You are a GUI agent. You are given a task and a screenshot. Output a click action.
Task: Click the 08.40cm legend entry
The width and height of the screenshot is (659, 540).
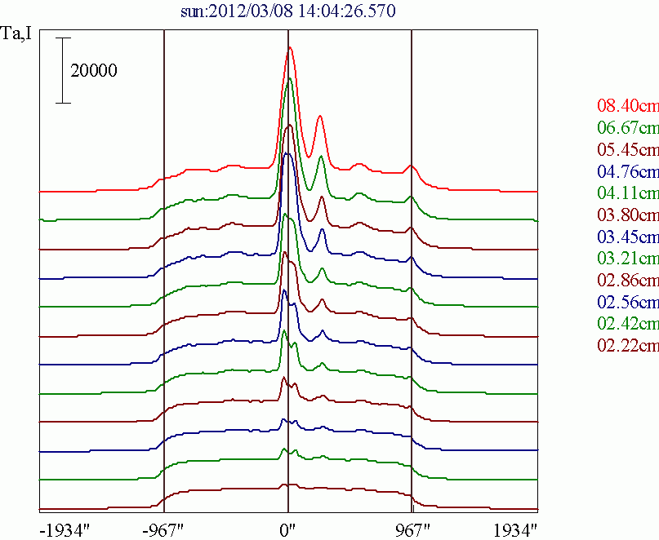(627, 105)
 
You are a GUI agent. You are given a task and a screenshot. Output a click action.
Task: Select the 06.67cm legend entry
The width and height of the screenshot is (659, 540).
(627, 127)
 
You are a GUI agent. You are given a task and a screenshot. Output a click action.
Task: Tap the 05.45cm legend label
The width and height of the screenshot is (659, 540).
(627, 149)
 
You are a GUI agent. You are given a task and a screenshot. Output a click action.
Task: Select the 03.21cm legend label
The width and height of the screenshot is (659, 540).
(627, 259)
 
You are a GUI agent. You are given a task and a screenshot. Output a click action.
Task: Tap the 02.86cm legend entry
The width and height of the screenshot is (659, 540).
(627, 281)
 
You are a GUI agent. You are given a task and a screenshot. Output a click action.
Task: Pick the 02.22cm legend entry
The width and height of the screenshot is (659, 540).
(627, 347)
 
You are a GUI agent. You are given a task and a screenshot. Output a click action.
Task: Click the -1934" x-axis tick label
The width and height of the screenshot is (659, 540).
(64, 529)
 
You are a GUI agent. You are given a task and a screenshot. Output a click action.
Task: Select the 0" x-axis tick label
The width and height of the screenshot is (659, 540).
(287, 529)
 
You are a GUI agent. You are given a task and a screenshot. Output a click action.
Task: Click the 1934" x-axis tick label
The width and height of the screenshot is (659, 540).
(515, 529)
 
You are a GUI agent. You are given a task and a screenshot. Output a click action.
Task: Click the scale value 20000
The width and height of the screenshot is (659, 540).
(94, 71)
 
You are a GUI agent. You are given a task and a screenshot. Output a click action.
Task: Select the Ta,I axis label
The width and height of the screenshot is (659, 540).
(19, 35)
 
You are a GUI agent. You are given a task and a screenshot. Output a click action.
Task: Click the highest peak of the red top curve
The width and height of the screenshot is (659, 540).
(289, 48)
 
